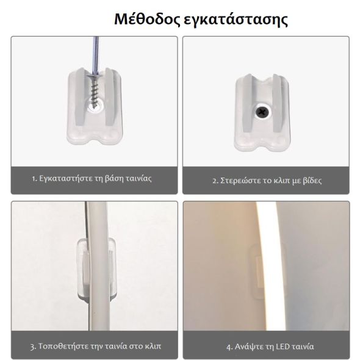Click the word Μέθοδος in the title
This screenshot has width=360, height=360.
(x=147, y=19)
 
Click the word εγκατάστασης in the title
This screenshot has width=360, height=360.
(x=236, y=20)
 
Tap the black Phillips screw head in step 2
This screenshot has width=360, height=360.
(x=262, y=112)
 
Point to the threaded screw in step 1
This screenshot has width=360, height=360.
(x=95, y=90)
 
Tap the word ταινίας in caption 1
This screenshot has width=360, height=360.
(x=139, y=179)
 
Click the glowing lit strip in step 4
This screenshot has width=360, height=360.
(x=268, y=266)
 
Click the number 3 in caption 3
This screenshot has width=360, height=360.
(x=32, y=347)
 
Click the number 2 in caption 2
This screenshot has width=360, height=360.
(x=215, y=181)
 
